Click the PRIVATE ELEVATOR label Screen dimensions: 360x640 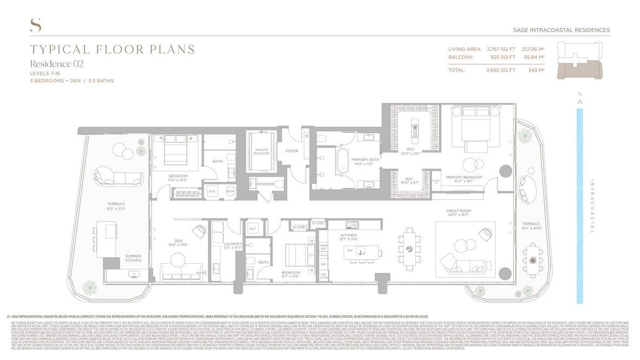click(262, 151)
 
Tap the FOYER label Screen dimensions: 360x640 click(291, 151)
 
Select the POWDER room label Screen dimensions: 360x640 click(265, 184)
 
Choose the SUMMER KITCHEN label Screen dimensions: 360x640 click(133, 258)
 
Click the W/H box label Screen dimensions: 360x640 click(230, 191)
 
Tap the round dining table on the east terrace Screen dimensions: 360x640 click(533, 260)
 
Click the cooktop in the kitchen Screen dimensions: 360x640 click(352, 225)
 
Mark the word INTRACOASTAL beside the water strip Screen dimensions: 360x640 click(592, 206)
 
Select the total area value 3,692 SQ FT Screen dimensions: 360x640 click(500, 70)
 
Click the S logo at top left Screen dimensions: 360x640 click(36, 25)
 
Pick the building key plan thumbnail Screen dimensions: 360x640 click(579, 61)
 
